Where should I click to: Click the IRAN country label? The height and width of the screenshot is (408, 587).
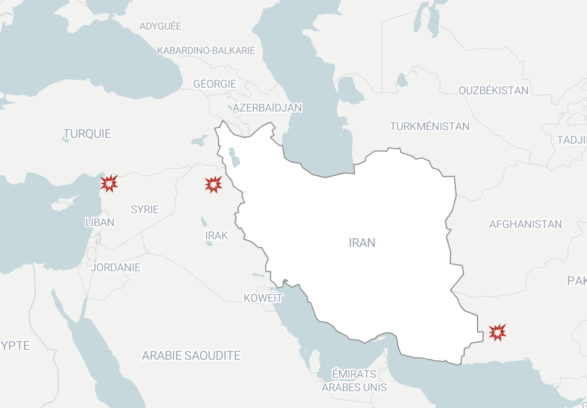(362, 243)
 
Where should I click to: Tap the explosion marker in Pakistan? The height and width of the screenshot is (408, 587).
(497, 332)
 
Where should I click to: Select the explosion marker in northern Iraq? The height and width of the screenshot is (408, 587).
(214, 184)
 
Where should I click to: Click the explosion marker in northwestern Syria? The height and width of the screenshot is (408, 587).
(109, 183)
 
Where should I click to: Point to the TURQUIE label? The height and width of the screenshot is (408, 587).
(87, 134)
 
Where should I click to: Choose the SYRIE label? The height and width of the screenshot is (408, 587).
(145, 209)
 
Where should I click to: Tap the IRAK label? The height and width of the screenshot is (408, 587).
(217, 235)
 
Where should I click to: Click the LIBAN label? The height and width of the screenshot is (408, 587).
(100, 222)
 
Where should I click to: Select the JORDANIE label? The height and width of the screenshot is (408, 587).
(116, 268)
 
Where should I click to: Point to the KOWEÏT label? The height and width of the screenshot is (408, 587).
(263, 298)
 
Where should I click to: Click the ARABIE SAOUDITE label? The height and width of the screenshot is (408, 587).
(191, 355)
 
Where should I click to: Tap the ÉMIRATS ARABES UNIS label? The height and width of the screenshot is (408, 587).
(354, 380)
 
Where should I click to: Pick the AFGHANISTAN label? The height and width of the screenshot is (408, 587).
(525, 224)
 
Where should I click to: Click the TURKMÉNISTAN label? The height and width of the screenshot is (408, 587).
(430, 126)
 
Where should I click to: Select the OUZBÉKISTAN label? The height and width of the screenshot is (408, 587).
(494, 90)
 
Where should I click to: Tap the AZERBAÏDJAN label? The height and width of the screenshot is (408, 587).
(267, 108)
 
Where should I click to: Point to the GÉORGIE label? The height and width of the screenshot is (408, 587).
(215, 84)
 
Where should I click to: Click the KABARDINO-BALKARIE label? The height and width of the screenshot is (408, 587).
(206, 50)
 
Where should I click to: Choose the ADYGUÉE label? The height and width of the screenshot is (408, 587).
(160, 26)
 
